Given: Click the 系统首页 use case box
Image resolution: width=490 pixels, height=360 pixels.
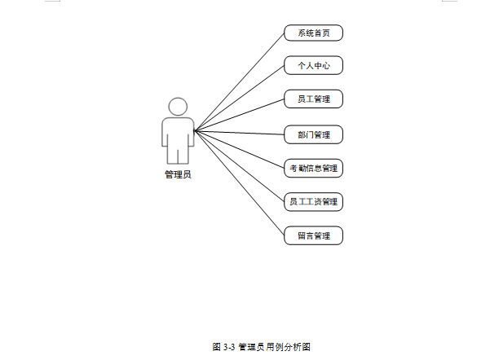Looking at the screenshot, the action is (313, 33).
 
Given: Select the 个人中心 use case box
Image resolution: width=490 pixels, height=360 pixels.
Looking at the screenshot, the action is (313, 65).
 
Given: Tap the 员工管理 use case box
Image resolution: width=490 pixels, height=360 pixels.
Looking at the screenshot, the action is (313, 99).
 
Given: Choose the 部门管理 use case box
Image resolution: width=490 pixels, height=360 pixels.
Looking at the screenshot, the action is (313, 134).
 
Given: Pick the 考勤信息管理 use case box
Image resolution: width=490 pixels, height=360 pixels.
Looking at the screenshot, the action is (313, 169).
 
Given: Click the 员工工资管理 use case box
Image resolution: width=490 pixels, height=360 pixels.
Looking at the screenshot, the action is (313, 200).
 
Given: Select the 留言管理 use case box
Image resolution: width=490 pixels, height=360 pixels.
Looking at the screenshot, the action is (313, 235).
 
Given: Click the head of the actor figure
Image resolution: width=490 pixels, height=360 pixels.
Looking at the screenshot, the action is (178, 107).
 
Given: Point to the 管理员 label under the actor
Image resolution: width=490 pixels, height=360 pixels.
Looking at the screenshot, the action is (178, 173).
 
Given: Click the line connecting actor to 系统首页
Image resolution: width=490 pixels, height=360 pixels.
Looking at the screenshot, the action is (240, 81).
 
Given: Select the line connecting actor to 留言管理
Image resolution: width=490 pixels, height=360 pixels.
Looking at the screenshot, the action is (240, 183).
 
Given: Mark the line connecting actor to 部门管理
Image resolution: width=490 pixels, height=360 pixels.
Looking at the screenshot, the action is (240, 132).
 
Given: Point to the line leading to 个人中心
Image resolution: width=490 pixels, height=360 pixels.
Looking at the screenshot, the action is (240, 98).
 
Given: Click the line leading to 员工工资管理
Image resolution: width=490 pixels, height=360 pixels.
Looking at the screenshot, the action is (240, 165).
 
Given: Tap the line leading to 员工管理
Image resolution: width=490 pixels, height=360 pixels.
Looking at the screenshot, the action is (240, 115).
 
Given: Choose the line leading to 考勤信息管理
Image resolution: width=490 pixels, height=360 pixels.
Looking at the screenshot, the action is (240, 149).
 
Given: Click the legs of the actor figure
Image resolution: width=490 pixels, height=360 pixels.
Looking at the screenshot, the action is (178, 155).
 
